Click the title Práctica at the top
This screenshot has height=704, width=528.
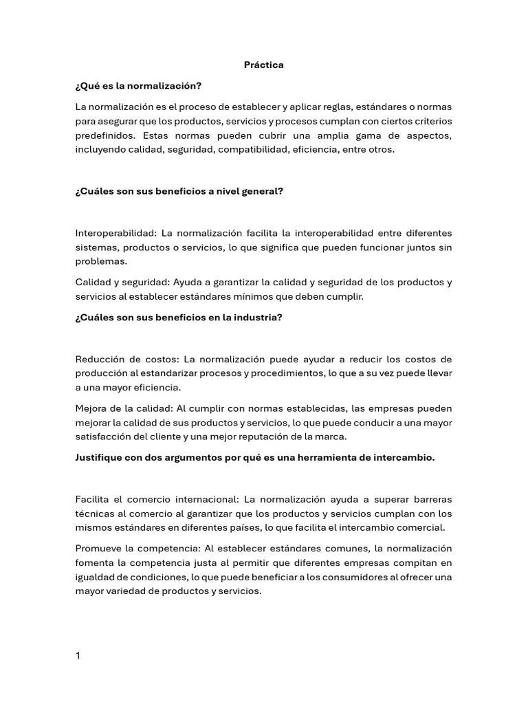[264, 65]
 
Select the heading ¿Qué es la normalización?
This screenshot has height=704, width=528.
[138, 86]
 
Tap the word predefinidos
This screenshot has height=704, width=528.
[106, 135]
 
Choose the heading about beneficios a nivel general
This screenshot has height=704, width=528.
[179, 192]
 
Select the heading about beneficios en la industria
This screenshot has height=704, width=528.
[179, 317]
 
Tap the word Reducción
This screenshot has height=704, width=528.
[99, 360]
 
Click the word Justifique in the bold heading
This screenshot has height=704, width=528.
[99, 458]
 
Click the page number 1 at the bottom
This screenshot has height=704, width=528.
[78, 656]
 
